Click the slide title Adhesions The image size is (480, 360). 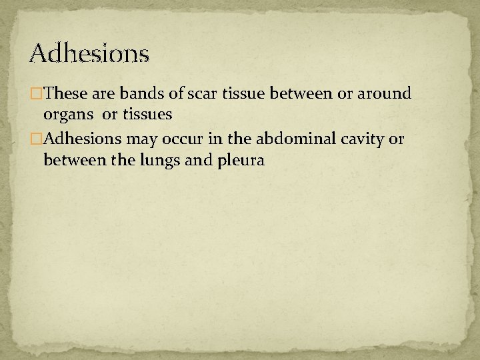[x=89, y=52]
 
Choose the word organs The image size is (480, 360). [x=67, y=115]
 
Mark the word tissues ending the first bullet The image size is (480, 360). [x=148, y=114]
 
